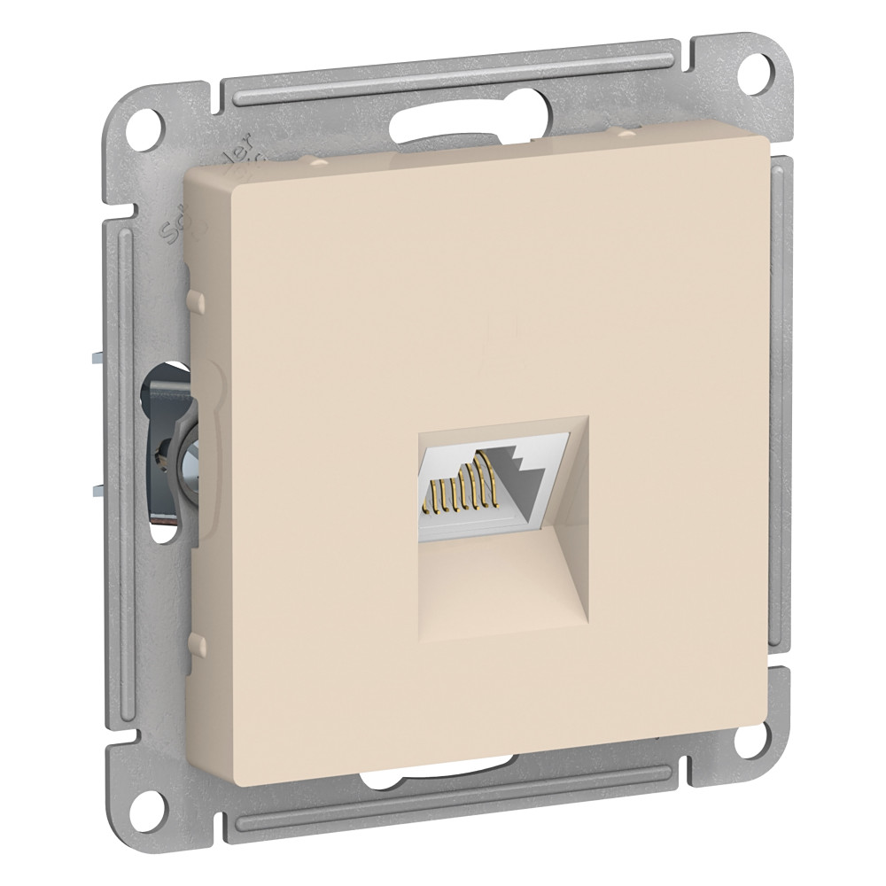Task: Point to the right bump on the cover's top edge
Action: click(626, 133)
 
